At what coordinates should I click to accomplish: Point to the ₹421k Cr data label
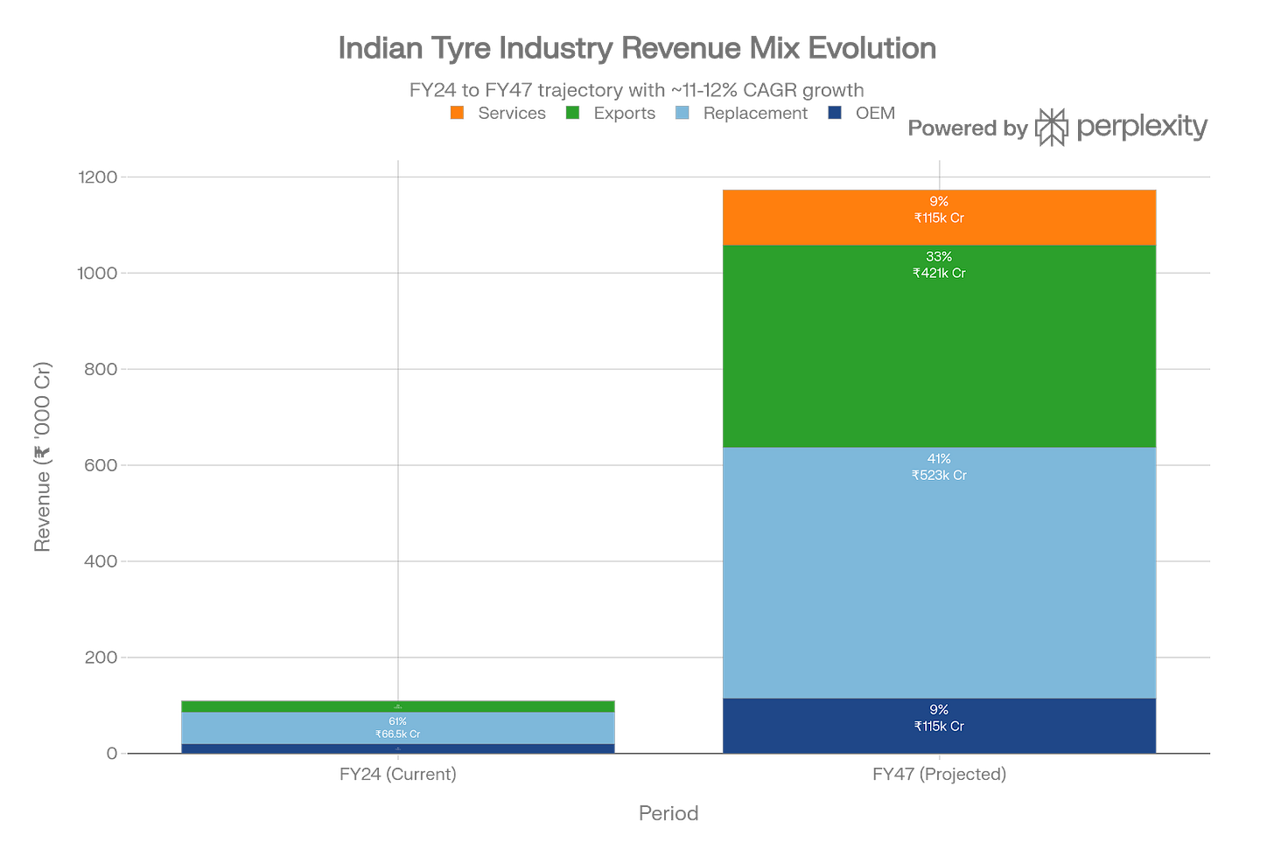[x=939, y=273]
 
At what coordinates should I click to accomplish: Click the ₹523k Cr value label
[x=939, y=476]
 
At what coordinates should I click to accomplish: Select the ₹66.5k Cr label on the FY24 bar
[x=398, y=734]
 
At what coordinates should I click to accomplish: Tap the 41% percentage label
[x=939, y=459]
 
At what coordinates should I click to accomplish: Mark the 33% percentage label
[x=939, y=257]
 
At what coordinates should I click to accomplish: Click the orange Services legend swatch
[x=458, y=114]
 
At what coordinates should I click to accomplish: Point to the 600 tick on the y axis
[x=100, y=465]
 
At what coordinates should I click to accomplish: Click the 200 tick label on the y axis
[x=100, y=658]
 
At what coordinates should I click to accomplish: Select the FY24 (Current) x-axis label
[x=398, y=775]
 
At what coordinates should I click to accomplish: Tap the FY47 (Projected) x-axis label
[x=939, y=775]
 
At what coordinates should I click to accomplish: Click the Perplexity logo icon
[x=1052, y=128]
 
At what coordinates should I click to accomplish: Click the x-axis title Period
[x=668, y=814]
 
